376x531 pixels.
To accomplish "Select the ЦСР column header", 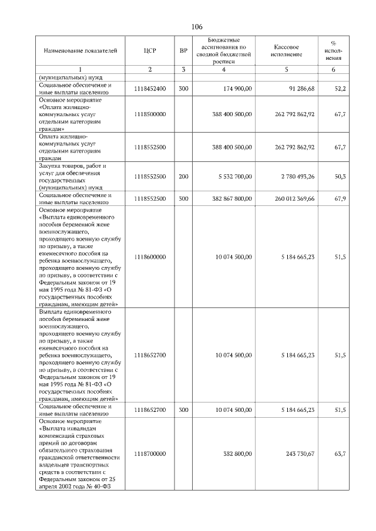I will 149,51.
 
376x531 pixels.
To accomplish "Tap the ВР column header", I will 183,51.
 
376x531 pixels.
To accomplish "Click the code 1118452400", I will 150,89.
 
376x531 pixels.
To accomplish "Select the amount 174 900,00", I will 236,89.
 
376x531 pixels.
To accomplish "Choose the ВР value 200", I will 183,176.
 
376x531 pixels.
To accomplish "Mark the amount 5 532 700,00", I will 233,176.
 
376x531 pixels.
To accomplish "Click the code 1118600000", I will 150,256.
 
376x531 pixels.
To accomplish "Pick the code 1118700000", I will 150,454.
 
